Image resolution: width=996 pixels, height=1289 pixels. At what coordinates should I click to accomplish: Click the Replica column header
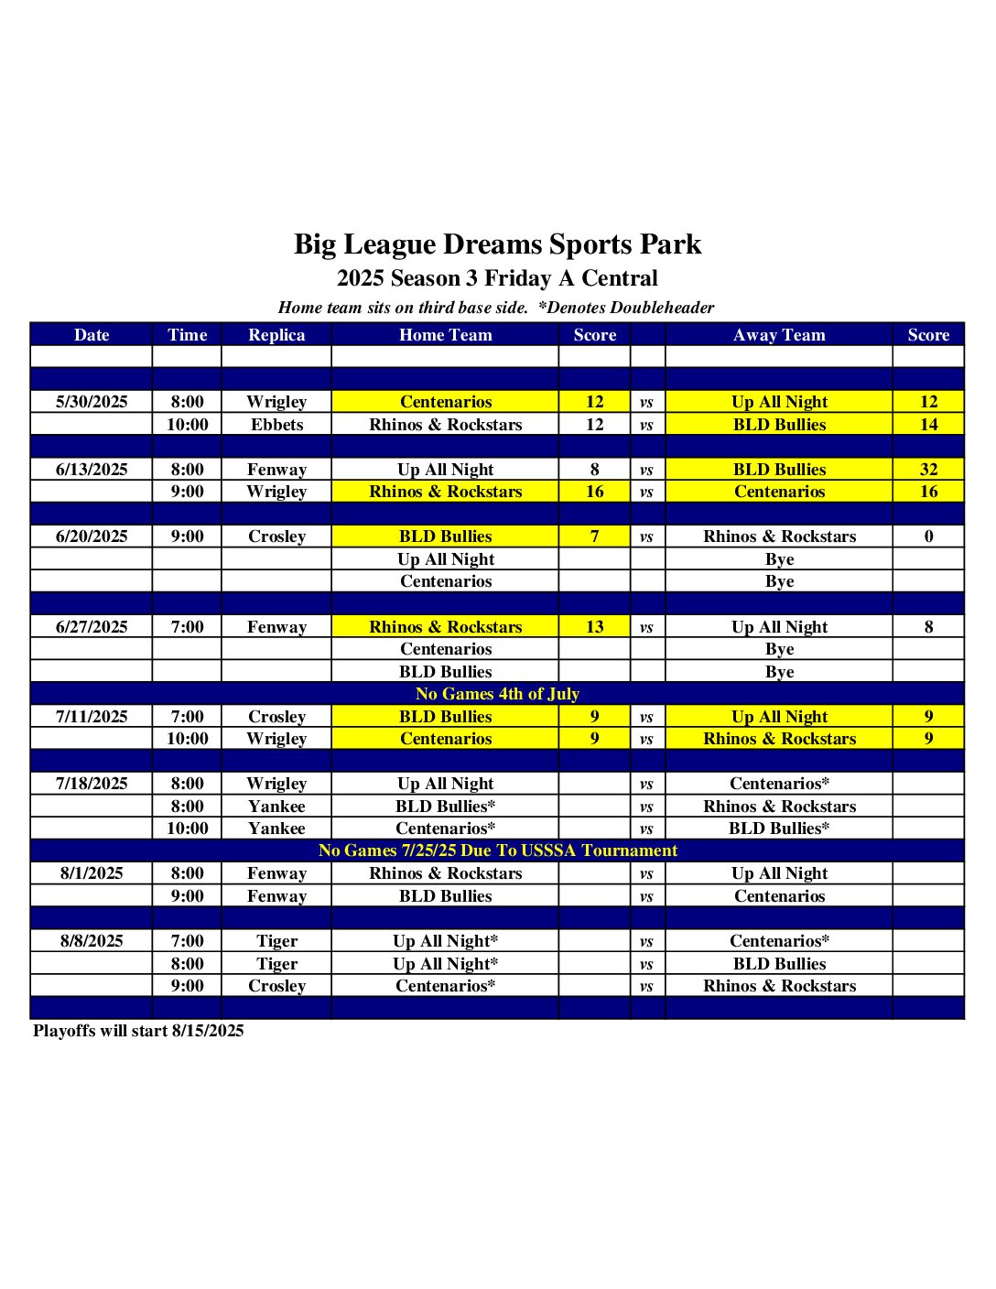click(x=276, y=335)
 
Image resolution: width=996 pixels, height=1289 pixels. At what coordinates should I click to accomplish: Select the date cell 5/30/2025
click(x=92, y=402)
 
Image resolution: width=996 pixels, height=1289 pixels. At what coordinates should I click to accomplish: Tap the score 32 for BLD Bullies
click(x=928, y=470)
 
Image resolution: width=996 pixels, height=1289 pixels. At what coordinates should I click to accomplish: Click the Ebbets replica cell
click(x=276, y=425)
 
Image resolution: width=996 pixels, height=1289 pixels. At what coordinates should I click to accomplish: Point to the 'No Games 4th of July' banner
click(x=497, y=694)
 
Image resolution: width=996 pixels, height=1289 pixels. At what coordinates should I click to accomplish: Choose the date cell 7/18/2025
click(x=92, y=784)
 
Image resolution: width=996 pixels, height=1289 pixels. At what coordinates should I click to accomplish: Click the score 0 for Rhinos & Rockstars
click(x=928, y=536)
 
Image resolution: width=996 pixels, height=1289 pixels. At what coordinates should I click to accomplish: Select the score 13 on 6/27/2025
click(x=595, y=627)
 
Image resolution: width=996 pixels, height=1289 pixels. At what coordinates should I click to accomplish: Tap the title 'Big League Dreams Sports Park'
click(x=497, y=244)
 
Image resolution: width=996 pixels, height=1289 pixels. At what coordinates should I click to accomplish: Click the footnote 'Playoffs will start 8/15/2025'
click(x=138, y=1031)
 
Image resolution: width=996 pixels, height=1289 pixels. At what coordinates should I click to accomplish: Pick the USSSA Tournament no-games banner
click(x=497, y=850)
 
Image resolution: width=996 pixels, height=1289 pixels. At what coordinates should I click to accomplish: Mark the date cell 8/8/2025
click(x=92, y=941)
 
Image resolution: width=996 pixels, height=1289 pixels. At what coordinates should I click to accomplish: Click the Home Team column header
click(x=446, y=335)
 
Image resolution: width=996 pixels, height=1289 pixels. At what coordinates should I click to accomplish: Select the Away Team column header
click(x=779, y=335)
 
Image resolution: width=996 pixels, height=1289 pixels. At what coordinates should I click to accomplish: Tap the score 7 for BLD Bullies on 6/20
click(x=595, y=536)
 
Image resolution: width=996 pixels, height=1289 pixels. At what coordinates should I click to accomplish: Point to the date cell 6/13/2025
click(x=92, y=470)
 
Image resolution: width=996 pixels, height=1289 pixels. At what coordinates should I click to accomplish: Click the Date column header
click(x=92, y=335)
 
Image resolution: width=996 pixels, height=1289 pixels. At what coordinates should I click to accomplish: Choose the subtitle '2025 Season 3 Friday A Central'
click(x=497, y=278)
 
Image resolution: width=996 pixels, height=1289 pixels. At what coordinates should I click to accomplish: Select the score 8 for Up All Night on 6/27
click(x=928, y=627)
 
